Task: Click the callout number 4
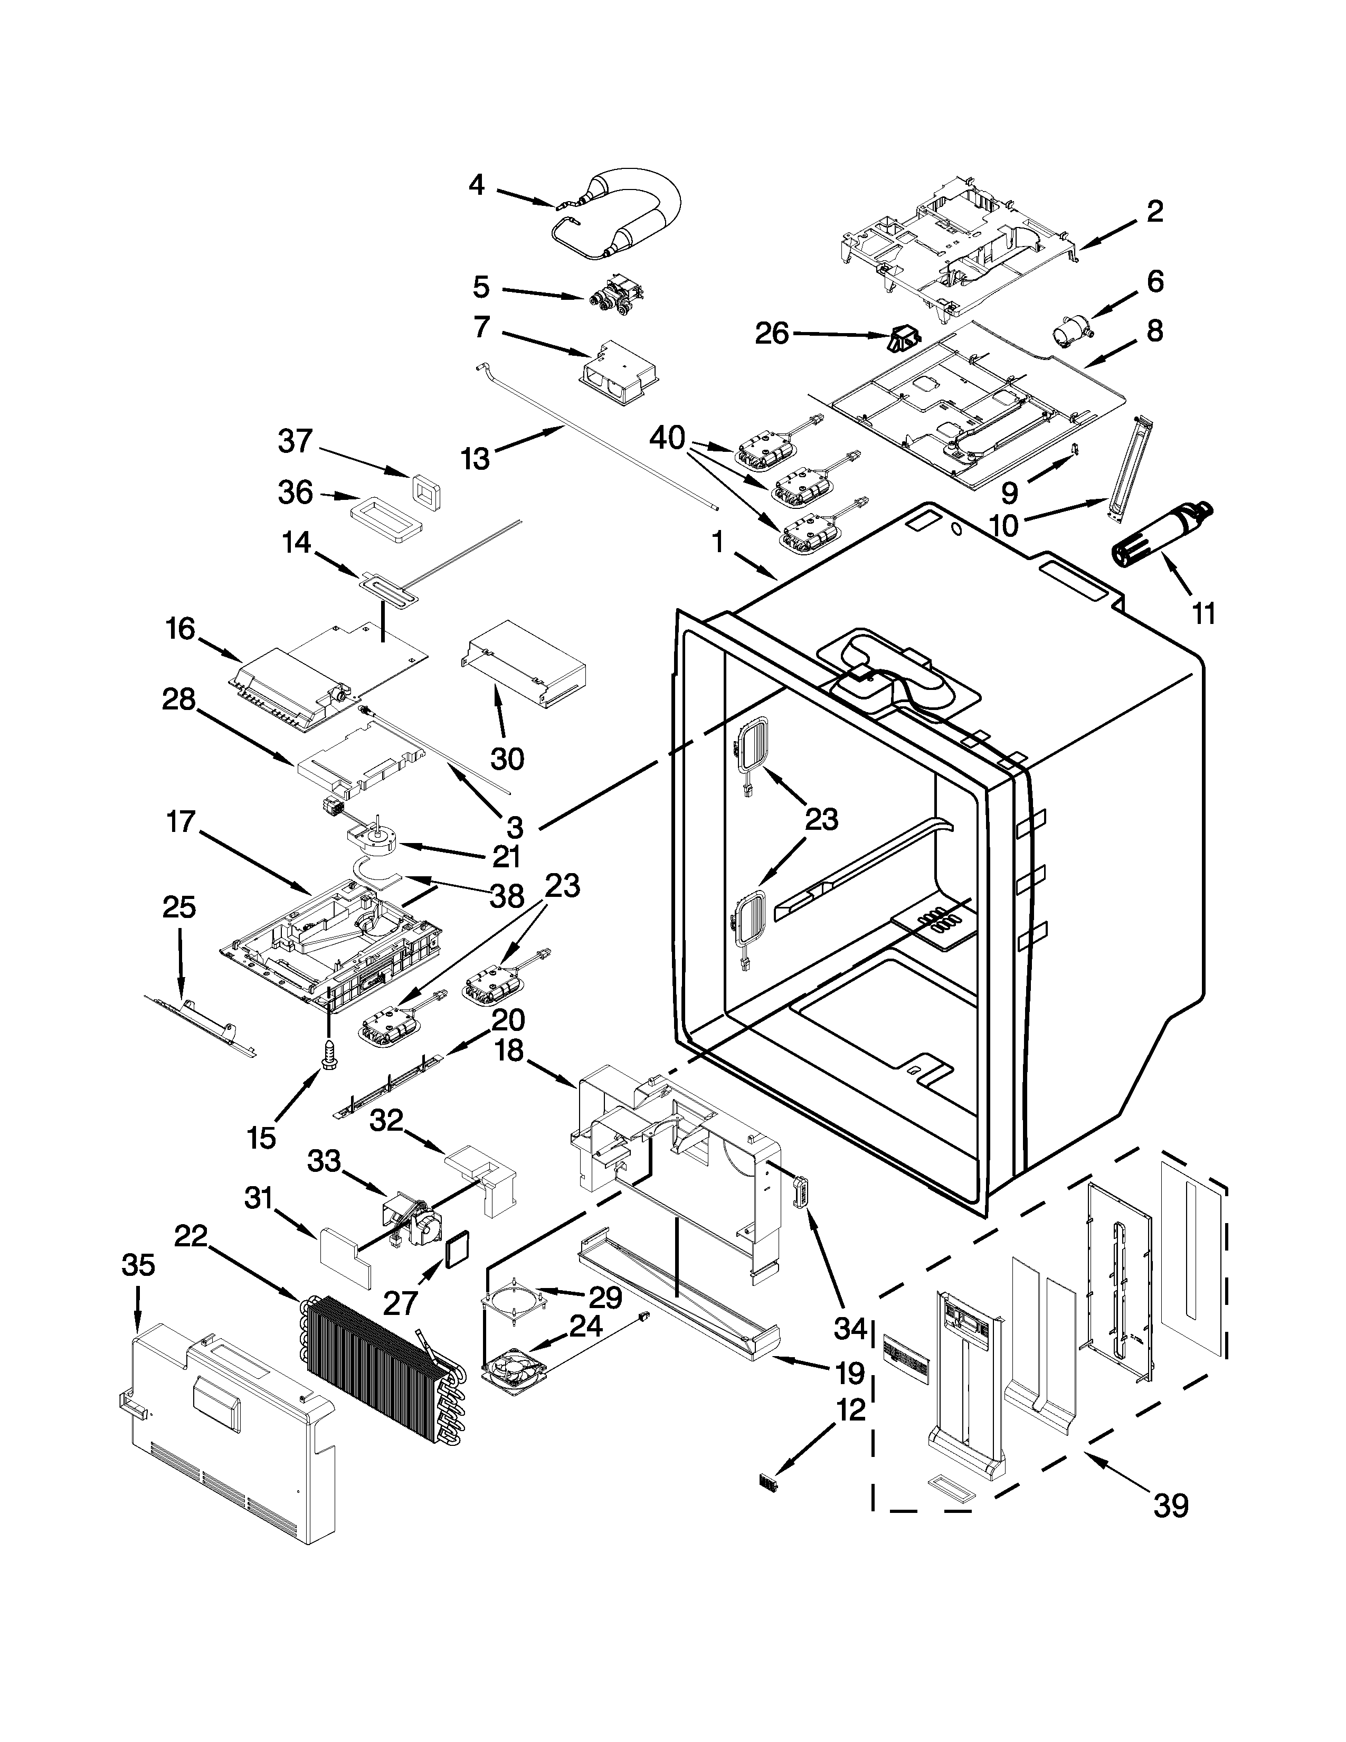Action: coord(476,185)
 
